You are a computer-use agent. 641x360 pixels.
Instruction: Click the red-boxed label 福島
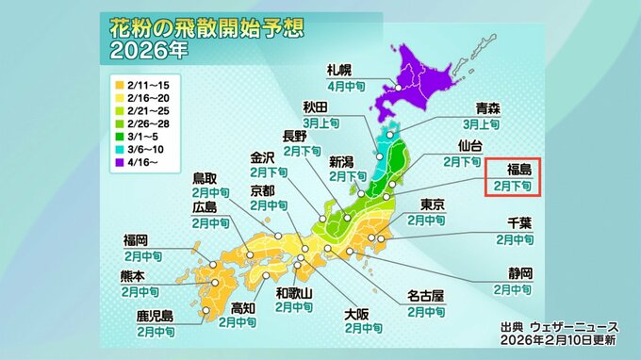(520, 171)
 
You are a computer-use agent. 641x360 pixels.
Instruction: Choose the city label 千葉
(521, 224)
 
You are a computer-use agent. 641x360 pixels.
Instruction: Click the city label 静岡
(521, 274)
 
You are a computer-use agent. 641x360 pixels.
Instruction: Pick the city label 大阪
(356, 314)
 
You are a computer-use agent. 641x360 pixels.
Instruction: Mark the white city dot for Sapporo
(399, 89)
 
